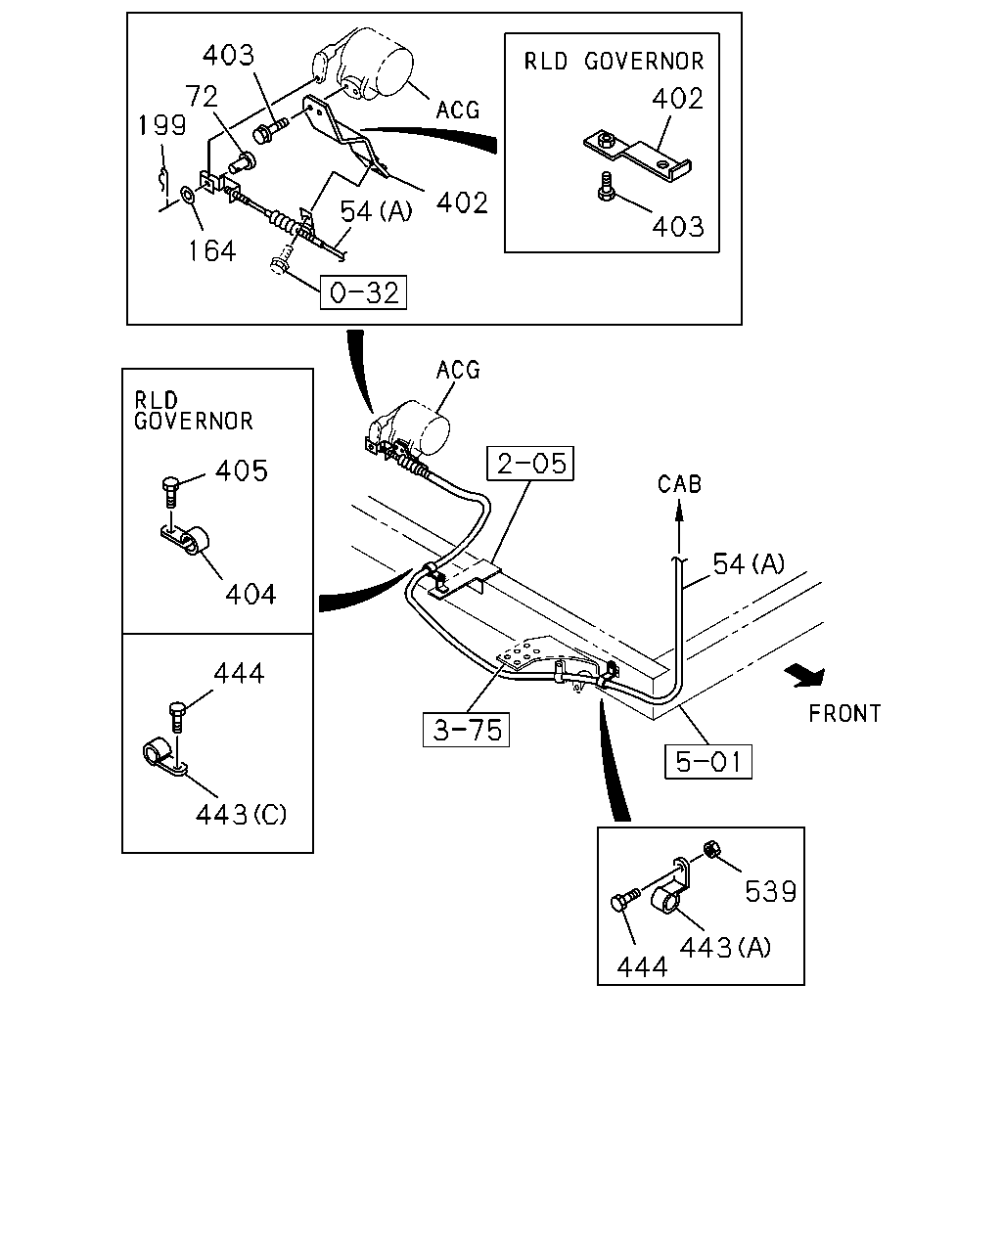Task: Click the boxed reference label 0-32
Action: coord(363,292)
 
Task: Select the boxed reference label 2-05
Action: coord(530,464)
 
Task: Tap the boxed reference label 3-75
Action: coord(467,730)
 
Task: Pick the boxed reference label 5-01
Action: coord(708,762)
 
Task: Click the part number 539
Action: coord(771,891)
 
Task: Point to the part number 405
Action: coord(242,470)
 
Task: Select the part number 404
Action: coord(250,595)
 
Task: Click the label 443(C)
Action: coord(241,815)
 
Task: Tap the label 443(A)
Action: coord(725,948)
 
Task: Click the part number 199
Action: coord(161,125)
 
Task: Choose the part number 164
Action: coord(212,251)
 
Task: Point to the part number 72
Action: coord(202,96)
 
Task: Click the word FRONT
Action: coord(844,713)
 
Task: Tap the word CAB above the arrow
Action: coord(679,484)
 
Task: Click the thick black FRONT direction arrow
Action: coord(805,676)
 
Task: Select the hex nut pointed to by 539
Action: coord(710,850)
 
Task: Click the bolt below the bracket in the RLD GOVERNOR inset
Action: coord(606,187)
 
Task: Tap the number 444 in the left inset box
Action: coord(239,674)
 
